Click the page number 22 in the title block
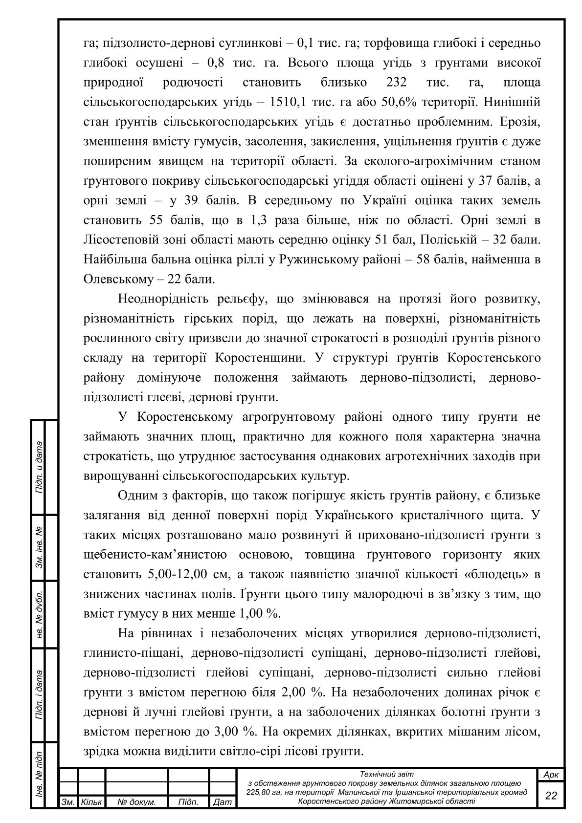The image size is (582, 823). coord(551,795)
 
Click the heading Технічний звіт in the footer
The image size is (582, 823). coord(386,774)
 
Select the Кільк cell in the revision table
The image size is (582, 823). coord(91,802)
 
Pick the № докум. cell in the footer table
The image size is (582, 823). coord(137,802)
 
